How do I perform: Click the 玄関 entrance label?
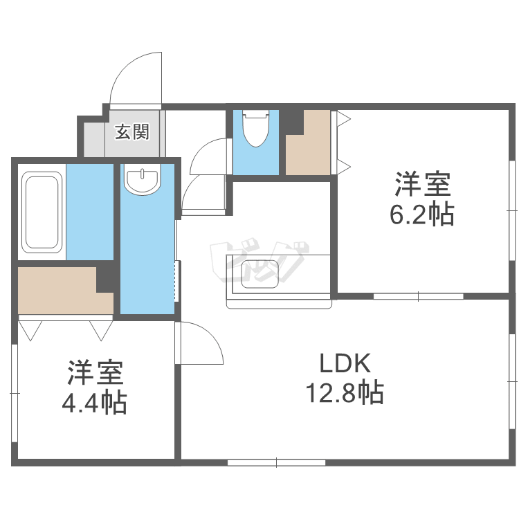coord(131,131)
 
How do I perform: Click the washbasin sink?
coord(142,180)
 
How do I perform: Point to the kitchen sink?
coord(259,273)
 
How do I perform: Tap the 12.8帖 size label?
coord(345,393)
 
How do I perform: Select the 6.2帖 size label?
coord(422,216)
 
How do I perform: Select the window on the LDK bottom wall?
coord(275,462)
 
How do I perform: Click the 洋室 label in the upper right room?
coord(422,185)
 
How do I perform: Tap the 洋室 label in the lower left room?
coord(95,374)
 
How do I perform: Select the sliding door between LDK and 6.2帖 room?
coord(418,296)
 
